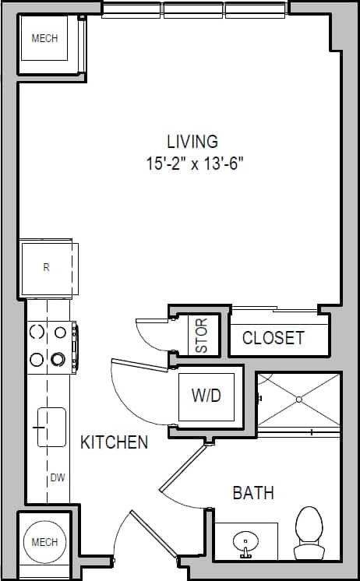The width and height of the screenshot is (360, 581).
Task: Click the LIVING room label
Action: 192,142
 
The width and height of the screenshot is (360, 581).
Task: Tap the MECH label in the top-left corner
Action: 44,38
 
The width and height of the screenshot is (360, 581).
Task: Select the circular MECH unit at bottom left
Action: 44,542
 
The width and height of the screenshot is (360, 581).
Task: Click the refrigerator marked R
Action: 47,268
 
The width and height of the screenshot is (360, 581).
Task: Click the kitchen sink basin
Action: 51,427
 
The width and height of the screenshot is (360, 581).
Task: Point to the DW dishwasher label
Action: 57,477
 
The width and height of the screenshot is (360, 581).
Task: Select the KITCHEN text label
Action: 114,442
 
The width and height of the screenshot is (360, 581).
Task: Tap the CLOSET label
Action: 273,338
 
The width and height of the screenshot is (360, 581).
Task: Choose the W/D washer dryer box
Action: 206,396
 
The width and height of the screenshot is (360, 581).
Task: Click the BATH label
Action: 253,493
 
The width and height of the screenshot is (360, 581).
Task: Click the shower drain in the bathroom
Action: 298,400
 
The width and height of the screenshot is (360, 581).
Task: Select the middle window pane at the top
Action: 193,10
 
